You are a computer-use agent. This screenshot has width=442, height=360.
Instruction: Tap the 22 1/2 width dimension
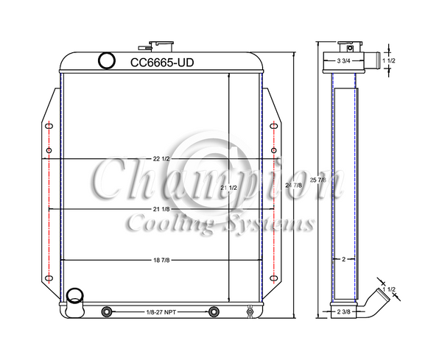(162, 159)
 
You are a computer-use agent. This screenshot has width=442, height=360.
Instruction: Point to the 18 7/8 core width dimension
(162, 261)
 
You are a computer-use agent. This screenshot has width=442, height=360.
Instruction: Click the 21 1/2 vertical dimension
(228, 188)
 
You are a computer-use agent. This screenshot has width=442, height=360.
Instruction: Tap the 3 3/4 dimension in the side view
(344, 59)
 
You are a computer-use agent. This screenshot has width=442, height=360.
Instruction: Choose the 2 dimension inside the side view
(344, 259)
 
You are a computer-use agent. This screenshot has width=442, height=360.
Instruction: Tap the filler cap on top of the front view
(159, 46)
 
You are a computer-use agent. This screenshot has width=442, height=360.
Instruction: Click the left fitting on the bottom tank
(107, 311)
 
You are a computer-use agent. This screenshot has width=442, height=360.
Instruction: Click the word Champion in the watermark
(214, 181)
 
